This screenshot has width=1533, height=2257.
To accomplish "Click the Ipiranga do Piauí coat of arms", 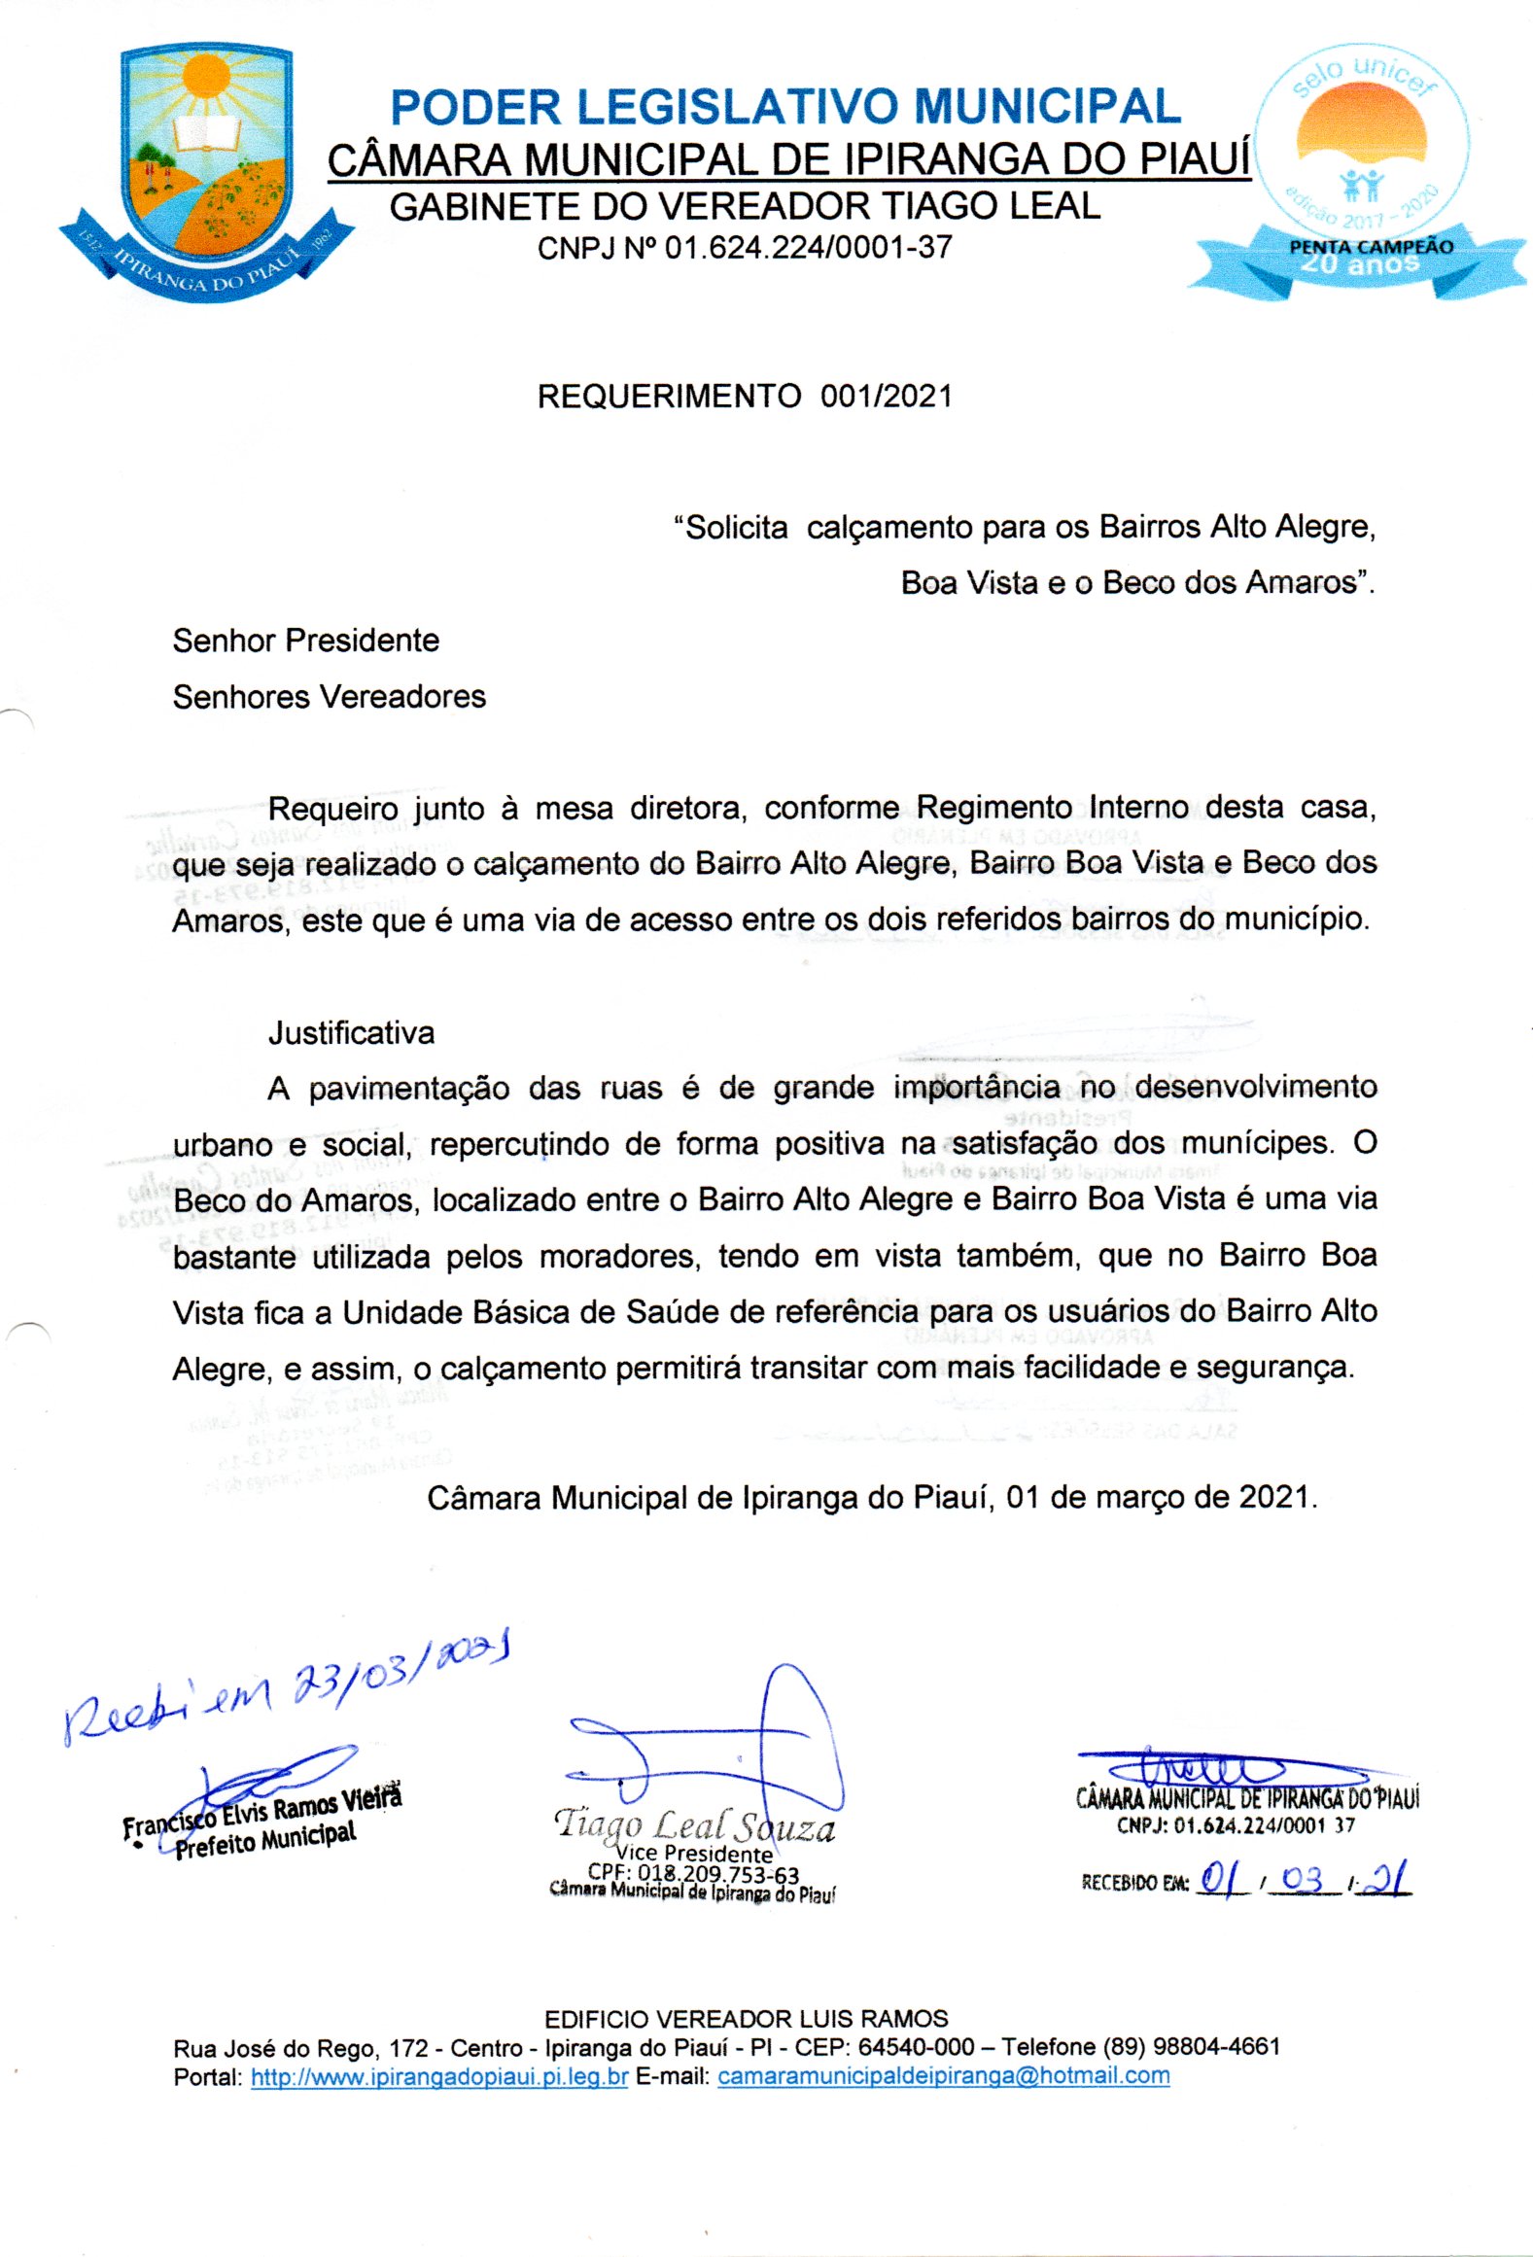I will [206, 170].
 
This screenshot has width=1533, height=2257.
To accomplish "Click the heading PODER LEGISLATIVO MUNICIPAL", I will [785, 107].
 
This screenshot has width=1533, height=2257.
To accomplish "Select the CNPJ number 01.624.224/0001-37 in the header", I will [808, 249].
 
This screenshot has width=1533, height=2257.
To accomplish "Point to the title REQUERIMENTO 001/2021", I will [745, 397].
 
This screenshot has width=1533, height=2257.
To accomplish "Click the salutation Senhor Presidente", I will [305, 641].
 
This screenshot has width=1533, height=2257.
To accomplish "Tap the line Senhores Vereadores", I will [329, 697].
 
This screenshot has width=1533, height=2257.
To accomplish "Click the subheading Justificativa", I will [351, 1032].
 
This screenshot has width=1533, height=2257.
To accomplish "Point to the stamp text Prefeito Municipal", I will [264, 1840].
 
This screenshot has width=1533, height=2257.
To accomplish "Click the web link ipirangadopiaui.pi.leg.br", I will [439, 2076].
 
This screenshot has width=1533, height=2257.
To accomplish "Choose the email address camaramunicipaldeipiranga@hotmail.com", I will [943, 2076].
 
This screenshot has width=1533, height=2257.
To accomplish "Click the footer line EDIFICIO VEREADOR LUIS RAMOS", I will [746, 2019].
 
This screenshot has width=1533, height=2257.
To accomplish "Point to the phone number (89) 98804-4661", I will [1191, 2047].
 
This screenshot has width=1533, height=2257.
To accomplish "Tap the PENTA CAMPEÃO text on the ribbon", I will [1371, 247].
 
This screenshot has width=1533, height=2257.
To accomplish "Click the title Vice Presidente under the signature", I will [694, 1853].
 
